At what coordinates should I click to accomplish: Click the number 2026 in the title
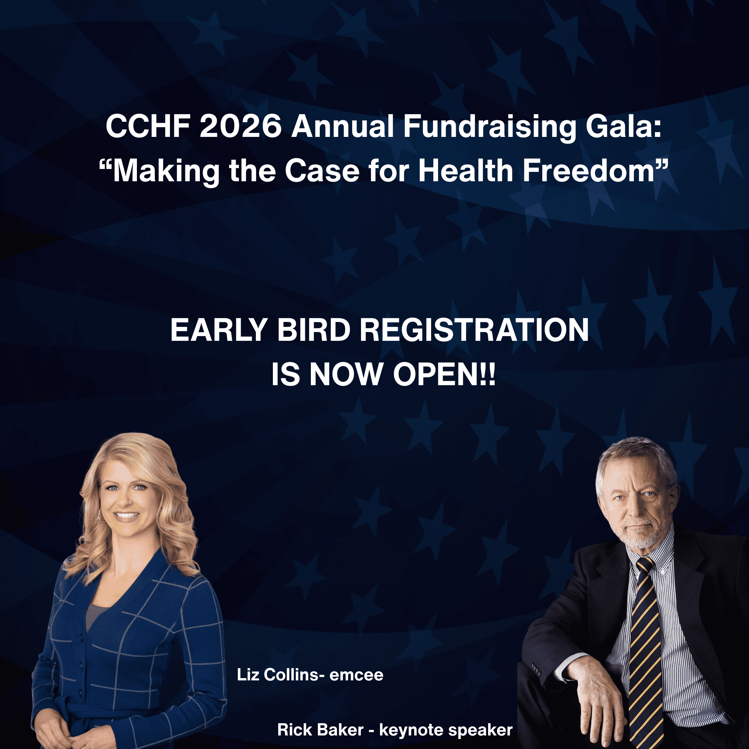pyautogui.click(x=241, y=127)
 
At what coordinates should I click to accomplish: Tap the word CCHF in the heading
pyautogui.click(x=148, y=127)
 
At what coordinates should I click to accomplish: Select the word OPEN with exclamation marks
pyautogui.click(x=444, y=374)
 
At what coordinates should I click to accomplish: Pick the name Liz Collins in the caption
pyautogui.click(x=278, y=675)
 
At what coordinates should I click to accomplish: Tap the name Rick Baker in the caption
pyautogui.click(x=321, y=730)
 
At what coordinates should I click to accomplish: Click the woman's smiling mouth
pyautogui.click(x=127, y=515)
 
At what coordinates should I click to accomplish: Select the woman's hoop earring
pyautogui.click(x=100, y=515)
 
